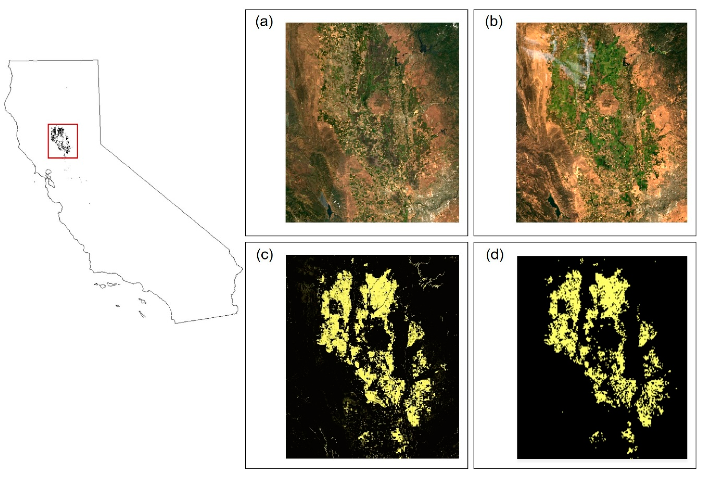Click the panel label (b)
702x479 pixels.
click(494, 22)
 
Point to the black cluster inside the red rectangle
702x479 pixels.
click(60, 139)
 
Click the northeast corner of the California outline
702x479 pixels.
click(98, 60)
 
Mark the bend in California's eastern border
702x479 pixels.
click(101, 145)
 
